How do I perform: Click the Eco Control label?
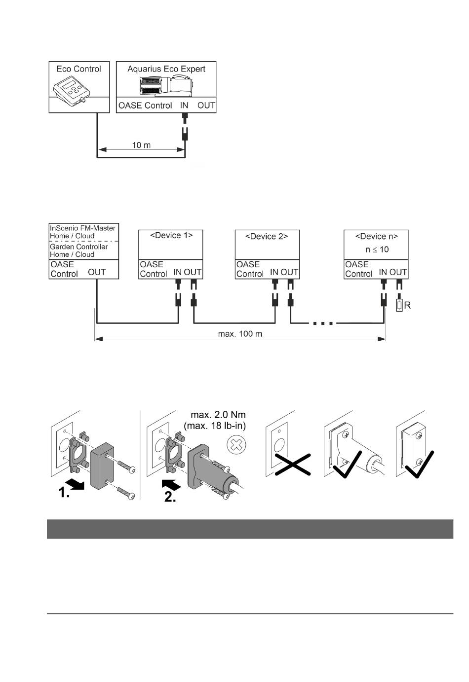pos(78,69)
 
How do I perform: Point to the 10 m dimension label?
pos(141,145)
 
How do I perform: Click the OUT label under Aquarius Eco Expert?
pos(206,106)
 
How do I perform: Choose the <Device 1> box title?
pos(171,235)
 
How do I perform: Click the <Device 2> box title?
pos(267,237)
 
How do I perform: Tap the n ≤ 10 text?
pos(377,250)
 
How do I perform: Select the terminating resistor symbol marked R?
pos(399,305)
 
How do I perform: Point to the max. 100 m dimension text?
pos(240,334)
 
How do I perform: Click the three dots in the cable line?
pos(323,323)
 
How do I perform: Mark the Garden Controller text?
pos(78,247)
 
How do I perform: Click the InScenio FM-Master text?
pos(82,228)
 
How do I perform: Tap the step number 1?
pos(64,492)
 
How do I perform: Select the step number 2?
pos(170,497)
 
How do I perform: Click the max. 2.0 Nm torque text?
pos(218,415)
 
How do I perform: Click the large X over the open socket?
pos(293,465)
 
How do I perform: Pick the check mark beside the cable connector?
pos(348,465)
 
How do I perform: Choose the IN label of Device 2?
pos(274,272)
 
